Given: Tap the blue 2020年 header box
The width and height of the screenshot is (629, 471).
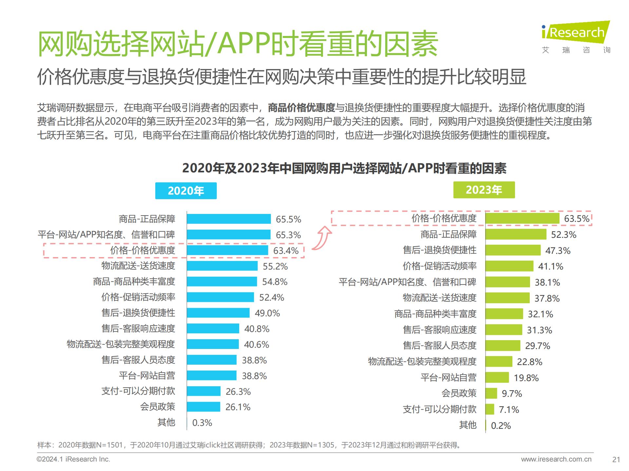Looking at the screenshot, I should (186, 191).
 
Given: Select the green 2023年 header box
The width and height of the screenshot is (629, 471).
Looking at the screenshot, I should (484, 190).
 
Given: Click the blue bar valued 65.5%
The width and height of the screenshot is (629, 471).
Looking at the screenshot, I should (229, 219).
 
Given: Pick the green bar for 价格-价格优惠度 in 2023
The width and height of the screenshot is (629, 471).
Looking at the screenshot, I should (522, 218).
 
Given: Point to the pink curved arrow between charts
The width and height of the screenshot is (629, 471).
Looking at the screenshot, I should (322, 238).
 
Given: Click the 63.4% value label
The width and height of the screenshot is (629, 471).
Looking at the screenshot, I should (286, 251).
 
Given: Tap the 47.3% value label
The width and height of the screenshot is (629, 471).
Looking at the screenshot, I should (558, 251).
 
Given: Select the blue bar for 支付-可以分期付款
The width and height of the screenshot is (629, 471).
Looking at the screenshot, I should (203, 391).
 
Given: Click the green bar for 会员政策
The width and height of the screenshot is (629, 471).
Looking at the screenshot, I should (491, 393).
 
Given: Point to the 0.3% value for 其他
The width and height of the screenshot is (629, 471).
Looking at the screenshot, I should (202, 423).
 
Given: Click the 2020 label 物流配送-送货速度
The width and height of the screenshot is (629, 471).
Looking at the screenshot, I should (138, 266).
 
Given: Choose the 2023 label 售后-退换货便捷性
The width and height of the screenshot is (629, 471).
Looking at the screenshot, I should (439, 250).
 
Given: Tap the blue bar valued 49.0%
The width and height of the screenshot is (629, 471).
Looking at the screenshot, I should (218, 313).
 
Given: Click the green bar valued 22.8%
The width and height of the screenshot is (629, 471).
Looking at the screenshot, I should (499, 361).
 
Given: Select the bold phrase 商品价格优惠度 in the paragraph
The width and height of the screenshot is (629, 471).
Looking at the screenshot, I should (301, 108).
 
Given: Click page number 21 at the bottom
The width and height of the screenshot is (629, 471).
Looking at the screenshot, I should (616, 460).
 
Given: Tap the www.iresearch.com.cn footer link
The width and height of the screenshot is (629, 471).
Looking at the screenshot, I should (556, 459).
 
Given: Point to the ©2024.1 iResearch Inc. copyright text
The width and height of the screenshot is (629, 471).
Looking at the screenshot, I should (73, 459).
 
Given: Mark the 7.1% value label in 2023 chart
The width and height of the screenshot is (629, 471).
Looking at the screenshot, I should (509, 410).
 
